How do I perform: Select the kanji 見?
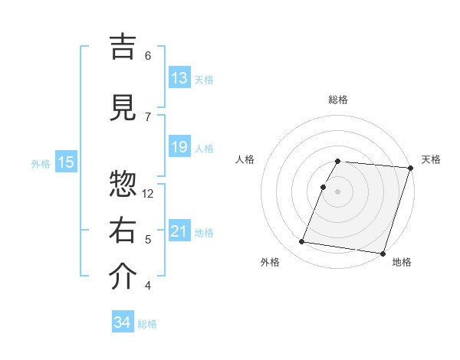point(123,109)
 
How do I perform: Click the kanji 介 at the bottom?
point(123,277)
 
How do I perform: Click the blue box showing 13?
point(179,78)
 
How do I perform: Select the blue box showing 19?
point(179,147)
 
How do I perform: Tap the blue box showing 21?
point(179,231)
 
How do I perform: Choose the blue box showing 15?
point(66,162)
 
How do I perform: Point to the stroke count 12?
point(149,193)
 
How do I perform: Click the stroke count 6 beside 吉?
point(148,55)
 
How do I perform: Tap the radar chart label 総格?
point(338,100)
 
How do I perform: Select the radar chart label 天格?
point(432,159)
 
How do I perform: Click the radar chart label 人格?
point(245,159)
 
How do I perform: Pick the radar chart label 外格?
point(270,262)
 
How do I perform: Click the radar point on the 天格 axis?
point(411,168)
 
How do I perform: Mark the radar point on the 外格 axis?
point(302,242)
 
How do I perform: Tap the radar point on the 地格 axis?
point(383,253)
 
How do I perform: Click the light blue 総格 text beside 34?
point(147,324)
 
